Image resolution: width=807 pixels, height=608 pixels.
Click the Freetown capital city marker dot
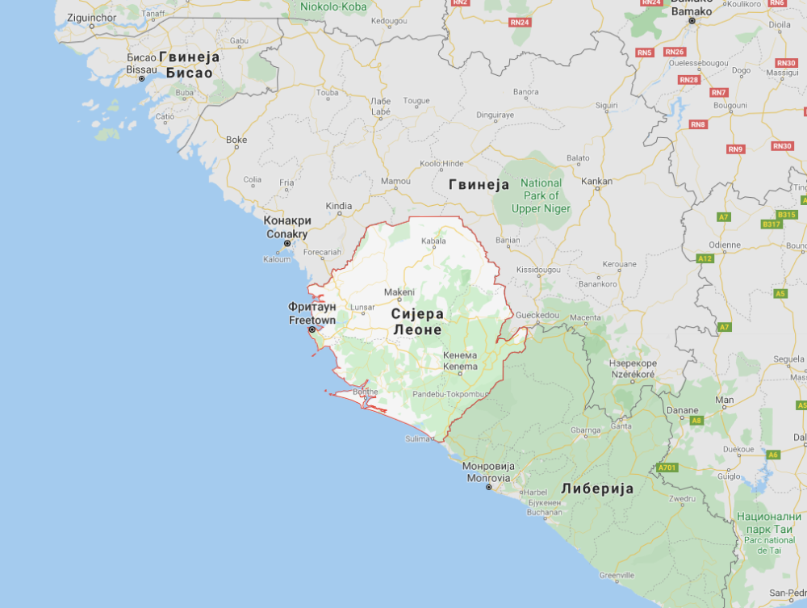(x=312, y=329)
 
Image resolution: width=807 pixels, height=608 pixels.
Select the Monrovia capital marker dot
(x=488, y=488)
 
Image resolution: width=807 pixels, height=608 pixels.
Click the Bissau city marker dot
(x=141, y=78)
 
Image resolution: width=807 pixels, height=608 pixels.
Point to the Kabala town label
(x=433, y=241)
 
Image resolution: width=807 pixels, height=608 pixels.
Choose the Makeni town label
(x=399, y=291)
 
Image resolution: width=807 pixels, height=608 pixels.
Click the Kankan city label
(x=596, y=181)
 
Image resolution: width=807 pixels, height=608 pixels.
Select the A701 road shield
(x=667, y=468)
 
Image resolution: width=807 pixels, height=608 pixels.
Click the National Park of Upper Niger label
(x=541, y=196)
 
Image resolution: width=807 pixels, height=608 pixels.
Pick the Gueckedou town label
(x=537, y=314)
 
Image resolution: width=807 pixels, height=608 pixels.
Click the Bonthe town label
(x=366, y=392)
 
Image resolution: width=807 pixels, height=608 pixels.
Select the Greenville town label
(x=617, y=575)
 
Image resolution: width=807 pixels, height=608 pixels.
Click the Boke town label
(x=236, y=140)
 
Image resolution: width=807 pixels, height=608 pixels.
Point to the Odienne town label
(x=724, y=245)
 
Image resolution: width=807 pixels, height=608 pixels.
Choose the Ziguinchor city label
(x=90, y=17)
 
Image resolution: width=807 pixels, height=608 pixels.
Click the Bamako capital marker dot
(x=692, y=20)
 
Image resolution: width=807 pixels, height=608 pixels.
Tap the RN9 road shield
(x=735, y=149)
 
